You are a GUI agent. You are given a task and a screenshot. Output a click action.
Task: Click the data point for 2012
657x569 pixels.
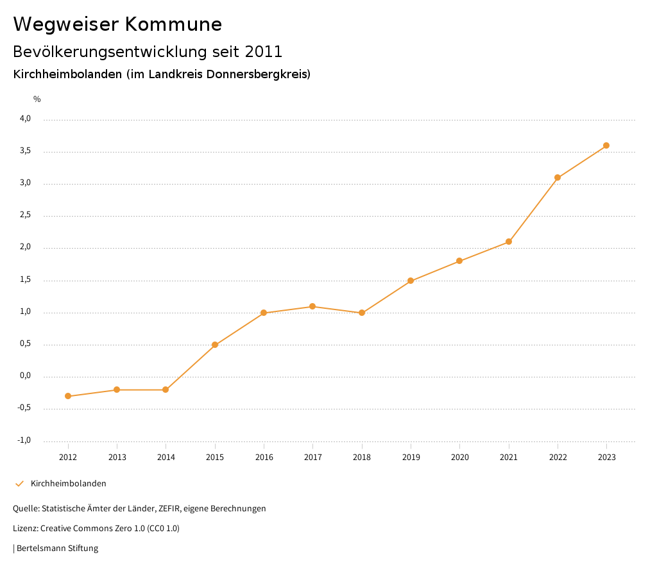click(68, 396)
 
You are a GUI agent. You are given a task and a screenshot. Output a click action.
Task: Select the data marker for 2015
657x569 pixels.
click(215, 345)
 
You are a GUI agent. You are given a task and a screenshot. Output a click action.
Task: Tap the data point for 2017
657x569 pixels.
click(312, 306)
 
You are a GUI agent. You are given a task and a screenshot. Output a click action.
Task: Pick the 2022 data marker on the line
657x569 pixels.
click(558, 177)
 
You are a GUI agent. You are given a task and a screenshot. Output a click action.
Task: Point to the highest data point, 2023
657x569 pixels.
click(606, 145)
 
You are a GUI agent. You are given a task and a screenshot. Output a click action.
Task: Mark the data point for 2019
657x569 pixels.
click(411, 281)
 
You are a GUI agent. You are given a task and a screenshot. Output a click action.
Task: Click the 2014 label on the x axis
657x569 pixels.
click(166, 457)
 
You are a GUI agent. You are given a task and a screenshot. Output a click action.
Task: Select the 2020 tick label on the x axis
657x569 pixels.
click(459, 457)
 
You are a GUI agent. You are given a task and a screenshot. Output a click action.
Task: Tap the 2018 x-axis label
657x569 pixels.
click(362, 457)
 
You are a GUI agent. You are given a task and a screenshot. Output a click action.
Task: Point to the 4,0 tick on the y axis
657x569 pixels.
click(25, 119)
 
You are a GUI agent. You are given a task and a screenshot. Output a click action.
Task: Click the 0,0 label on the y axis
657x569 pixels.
click(25, 376)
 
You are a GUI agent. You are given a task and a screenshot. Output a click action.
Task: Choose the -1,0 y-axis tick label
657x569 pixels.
click(24, 440)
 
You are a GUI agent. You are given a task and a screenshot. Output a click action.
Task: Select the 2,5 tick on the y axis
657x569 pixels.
click(25, 215)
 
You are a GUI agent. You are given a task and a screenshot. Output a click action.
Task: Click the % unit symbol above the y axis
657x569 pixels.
click(37, 99)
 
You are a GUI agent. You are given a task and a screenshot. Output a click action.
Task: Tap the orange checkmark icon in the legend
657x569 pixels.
click(19, 484)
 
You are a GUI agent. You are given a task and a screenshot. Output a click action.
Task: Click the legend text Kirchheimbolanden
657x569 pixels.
click(69, 484)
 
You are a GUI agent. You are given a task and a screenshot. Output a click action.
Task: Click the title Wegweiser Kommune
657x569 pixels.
click(117, 24)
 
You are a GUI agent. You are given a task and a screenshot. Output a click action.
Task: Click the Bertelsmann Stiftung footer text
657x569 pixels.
click(57, 548)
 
